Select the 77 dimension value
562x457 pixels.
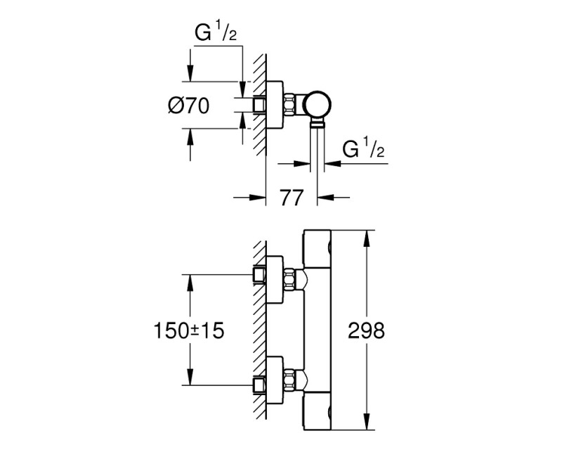(291, 198)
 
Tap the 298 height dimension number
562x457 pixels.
(367, 330)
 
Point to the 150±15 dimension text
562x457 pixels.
(189, 330)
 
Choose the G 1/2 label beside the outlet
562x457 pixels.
(363, 150)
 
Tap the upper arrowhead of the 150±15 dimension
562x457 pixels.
(189, 281)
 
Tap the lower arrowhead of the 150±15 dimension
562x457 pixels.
(189, 379)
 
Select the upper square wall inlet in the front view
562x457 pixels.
(260, 273)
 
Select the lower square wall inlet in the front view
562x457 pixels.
(260, 384)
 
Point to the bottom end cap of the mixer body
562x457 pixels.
(318, 410)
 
